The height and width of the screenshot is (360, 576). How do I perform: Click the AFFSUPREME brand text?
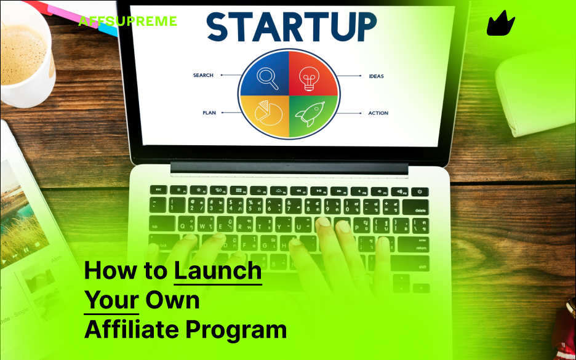127,22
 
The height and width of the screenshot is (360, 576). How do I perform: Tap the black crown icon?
500,24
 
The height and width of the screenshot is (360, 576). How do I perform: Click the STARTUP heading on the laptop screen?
291,27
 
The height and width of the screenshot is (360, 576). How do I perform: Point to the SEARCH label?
203,76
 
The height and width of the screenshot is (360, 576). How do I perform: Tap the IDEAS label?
376,76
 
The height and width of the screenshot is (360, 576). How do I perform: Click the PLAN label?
209,113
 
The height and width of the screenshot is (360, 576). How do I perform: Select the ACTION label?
378,113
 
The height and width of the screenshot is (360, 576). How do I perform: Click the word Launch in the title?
218,271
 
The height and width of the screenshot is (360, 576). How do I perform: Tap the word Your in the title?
111,300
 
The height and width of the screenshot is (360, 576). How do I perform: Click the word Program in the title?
236,330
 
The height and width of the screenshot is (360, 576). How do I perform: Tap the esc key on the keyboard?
159,190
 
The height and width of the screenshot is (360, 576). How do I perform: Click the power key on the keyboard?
420,191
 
